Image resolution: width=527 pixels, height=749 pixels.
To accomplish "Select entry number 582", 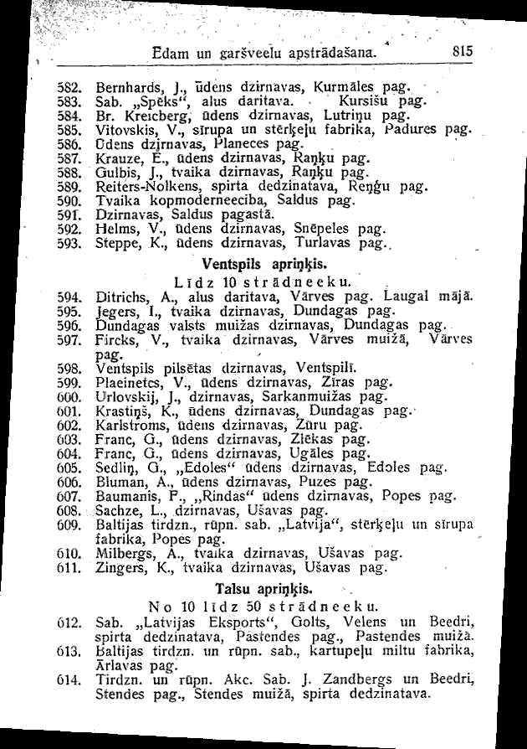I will [70, 86].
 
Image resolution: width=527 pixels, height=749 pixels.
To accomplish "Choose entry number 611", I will [70, 567].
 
